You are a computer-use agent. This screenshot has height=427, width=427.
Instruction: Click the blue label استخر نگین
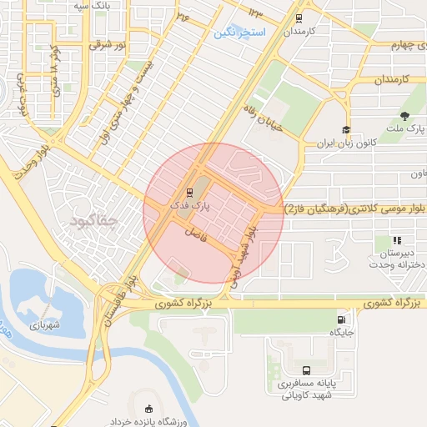[239, 32]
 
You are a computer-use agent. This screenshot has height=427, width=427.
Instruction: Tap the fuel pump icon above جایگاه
[342, 319]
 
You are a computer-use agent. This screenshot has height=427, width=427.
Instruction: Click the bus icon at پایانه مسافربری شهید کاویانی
[307, 370]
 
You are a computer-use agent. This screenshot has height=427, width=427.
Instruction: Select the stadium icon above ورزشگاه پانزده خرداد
[149, 409]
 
